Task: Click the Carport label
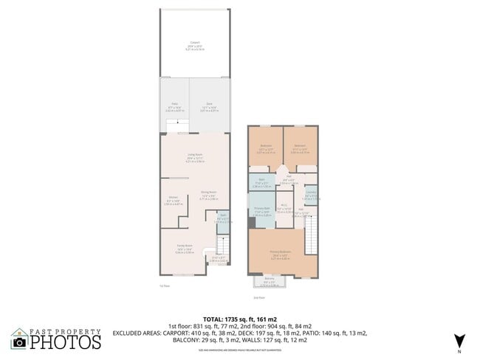(195, 43)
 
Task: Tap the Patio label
(175, 105)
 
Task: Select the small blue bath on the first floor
(222, 218)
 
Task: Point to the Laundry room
(311, 195)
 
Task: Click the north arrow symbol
(459, 340)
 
